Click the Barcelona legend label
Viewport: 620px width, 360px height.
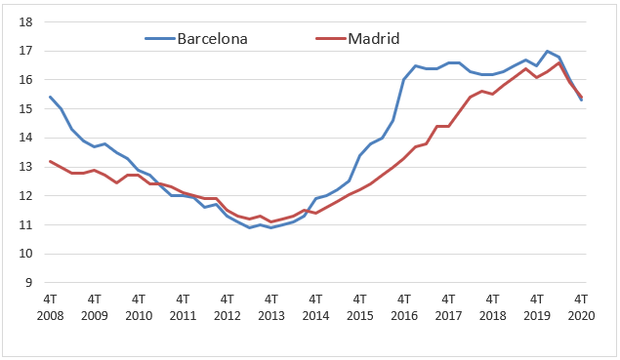tap(211, 39)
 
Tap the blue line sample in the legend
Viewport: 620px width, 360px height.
tap(159, 39)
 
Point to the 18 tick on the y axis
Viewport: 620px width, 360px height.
tap(27, 21)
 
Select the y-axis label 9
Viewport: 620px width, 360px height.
tap(30, 283)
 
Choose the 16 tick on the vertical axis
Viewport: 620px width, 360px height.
tap(27, 80)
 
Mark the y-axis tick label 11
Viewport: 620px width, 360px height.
tap(27, 225)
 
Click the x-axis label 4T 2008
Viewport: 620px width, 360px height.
tap(50, 308)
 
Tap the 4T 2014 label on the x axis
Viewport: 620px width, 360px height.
tap(315, 308)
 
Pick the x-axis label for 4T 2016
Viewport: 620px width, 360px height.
tap(403, 308)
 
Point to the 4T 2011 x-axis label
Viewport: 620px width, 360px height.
tap(183, 308)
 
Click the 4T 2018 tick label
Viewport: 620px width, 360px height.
tap(492, 308)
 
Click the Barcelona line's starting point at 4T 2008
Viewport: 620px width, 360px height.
tap(50, 97)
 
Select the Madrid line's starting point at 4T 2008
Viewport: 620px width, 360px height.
tap(50, 161)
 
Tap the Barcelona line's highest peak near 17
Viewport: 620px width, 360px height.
tap(547, 51)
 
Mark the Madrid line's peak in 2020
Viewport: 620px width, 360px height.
tap(558, 62)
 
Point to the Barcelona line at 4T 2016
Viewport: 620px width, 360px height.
tap(403, 79)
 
